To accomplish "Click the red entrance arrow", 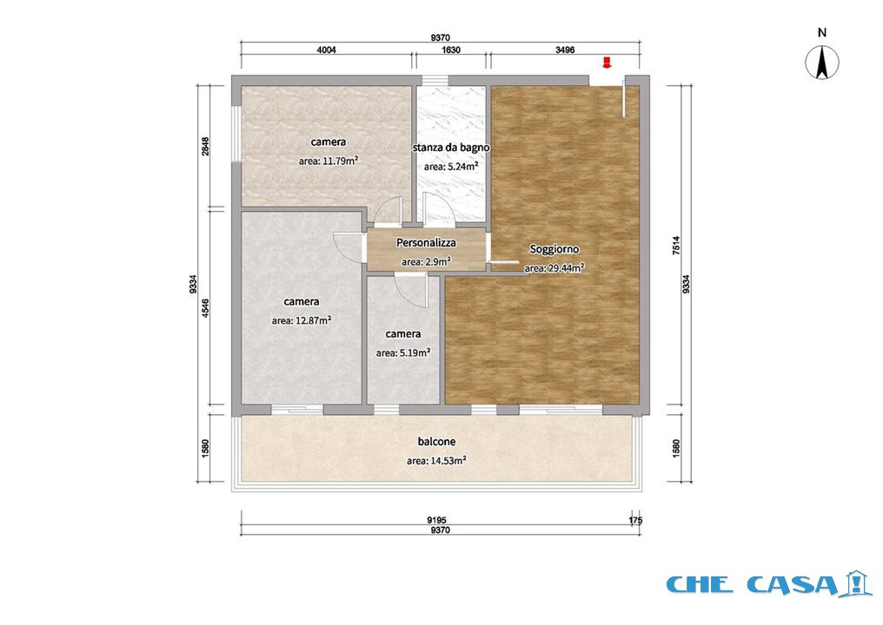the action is coord(607,62).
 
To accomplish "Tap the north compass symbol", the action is coord(822,62).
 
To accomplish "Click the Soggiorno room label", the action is coord(554,248).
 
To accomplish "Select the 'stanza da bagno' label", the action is coord(451,148).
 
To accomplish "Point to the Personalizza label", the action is coord(426,242).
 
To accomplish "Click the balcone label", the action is coord(436,442).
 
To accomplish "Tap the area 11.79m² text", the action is coord(329,161).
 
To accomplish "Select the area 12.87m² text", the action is coord(302,320).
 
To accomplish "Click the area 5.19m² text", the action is coord(403,353).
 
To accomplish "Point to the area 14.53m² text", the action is coord(436,461).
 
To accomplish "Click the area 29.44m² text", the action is coord(554,267).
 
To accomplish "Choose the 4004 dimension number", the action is coord(327,49).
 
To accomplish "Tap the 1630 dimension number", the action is coord(451,49).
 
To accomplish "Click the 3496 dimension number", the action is coord(565,49).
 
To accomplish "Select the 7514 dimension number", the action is coord(676,246).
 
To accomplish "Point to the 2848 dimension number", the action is coord(206,146).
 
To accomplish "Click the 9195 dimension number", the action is coord(437,520).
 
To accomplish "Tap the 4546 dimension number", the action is coord(206,307).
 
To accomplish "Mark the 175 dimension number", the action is coord(635,520).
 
